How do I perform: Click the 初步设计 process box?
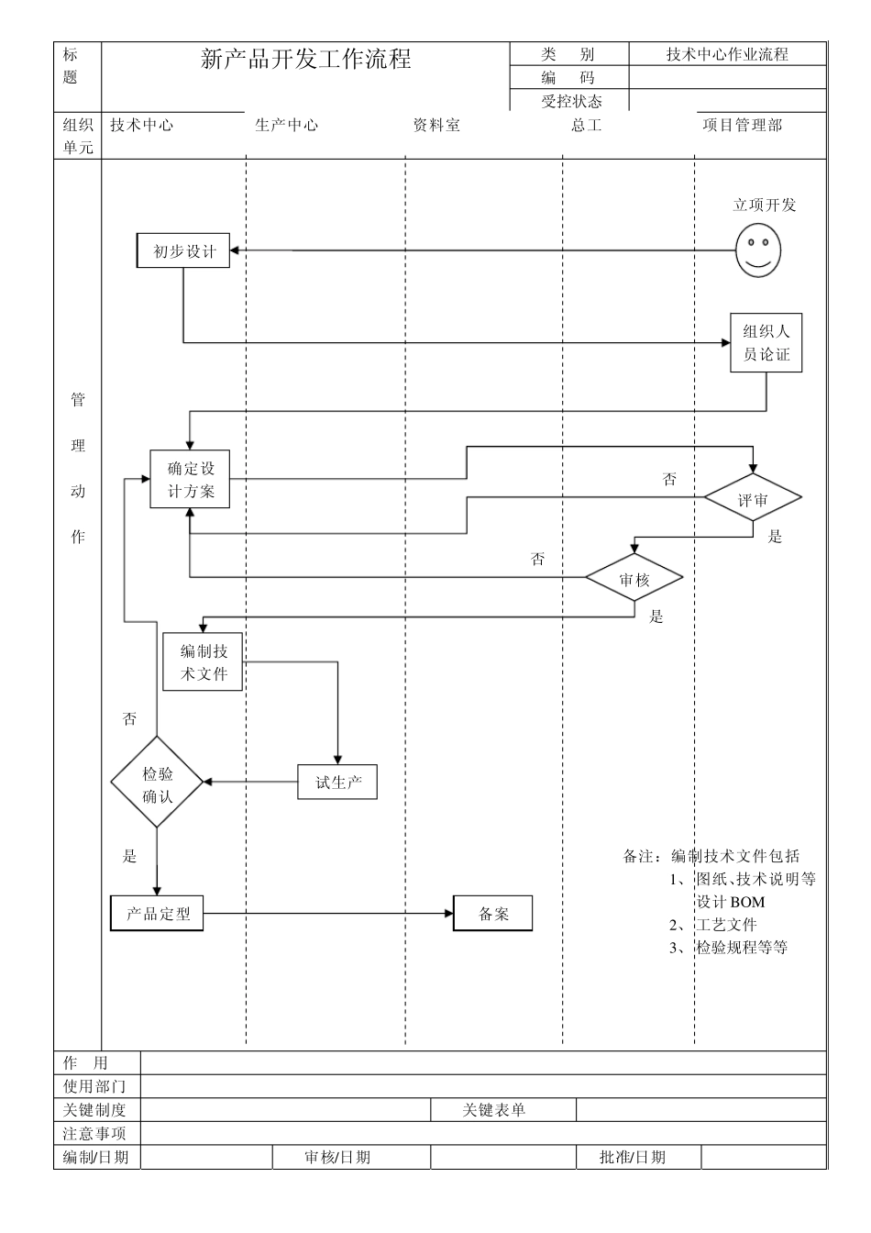click(183, 250)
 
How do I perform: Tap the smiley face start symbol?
click(758, 250)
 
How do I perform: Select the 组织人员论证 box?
click(766, 343)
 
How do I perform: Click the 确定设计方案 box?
click(190, 479)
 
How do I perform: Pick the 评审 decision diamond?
click(753, 499)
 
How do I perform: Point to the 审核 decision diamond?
click(634, 579)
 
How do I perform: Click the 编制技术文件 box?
click(203, 662)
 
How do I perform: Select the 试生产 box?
click(337, 783)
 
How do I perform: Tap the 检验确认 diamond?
click(157, 783)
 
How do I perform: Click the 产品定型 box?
click(158, 914)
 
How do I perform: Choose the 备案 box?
click(492, 914)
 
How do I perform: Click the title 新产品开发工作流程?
click(305, 61)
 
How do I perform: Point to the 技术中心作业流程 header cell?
click(727, 54)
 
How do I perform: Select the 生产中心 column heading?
click(286, 125)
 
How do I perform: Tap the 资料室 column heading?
click(435, 125)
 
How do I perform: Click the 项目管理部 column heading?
click(742, 125)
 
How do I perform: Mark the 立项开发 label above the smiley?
click(764, 205)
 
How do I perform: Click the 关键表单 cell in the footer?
click(494, 1110)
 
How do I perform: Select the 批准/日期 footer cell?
click(633, 1157)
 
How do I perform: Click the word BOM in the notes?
click(747, 902)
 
